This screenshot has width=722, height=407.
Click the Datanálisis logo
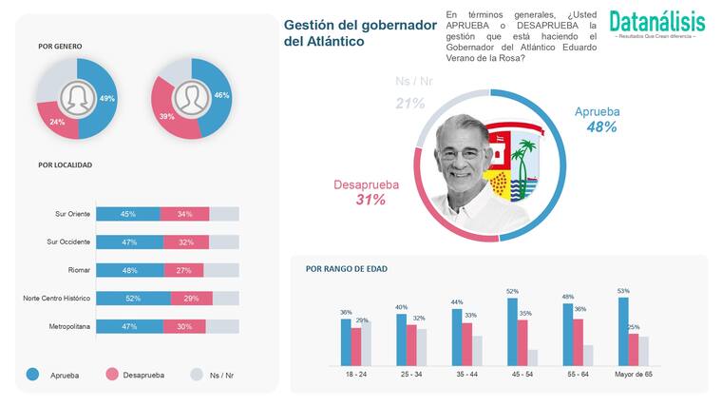pyautogui.click(x=656, y=23)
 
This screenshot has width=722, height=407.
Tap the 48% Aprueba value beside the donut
pyautogui.click(x=601, y=126)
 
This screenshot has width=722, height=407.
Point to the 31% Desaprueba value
pyautogui.click(x=370, y=200)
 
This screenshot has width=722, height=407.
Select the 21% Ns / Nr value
pyautogui.click(x=410, y=103)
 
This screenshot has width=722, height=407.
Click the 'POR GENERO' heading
pyautogui.click(x=60, y=46)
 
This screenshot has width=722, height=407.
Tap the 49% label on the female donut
pyautogui.click(x=107, y=99)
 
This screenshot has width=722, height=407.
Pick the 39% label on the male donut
pyautogui.click(x=165, y=116)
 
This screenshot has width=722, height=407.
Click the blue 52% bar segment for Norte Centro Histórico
pyautogui.click(x=133, y=299)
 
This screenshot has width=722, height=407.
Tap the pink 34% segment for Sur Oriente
pyautogui.click(x=184, y=214)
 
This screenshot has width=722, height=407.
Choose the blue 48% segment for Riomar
pyautogui.click(x=130, y=270)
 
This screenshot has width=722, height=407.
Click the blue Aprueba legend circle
pyautogui.click(x=32, y=375)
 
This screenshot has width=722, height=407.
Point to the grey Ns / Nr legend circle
pyautogui.click(x=197, y=375)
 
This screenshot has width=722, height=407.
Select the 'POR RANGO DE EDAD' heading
pyautogui.click(x=346, y=268)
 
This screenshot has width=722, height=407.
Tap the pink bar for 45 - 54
pyautogui.click(x=522, y=342)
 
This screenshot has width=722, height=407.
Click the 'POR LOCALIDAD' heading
pyautogui.click(x=65, y=165)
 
